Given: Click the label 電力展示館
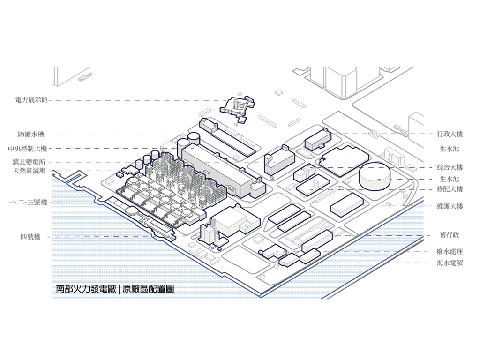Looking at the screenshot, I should pos(31,100).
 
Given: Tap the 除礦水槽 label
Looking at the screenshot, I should pos(31,135).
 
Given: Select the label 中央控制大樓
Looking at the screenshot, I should pos(28,149).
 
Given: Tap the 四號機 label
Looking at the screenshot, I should pos(30,237).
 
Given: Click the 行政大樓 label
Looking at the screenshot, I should pos(450,134).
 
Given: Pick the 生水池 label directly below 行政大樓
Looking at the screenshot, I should pos(450,149).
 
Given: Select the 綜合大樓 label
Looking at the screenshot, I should pos(450,167).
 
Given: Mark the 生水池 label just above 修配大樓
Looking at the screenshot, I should pos(450,179).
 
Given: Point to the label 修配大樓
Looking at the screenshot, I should pos(450,189).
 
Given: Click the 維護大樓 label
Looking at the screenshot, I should pos(450,206).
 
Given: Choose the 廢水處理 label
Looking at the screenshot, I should pos(450,252).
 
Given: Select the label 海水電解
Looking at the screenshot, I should pos(450,263).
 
